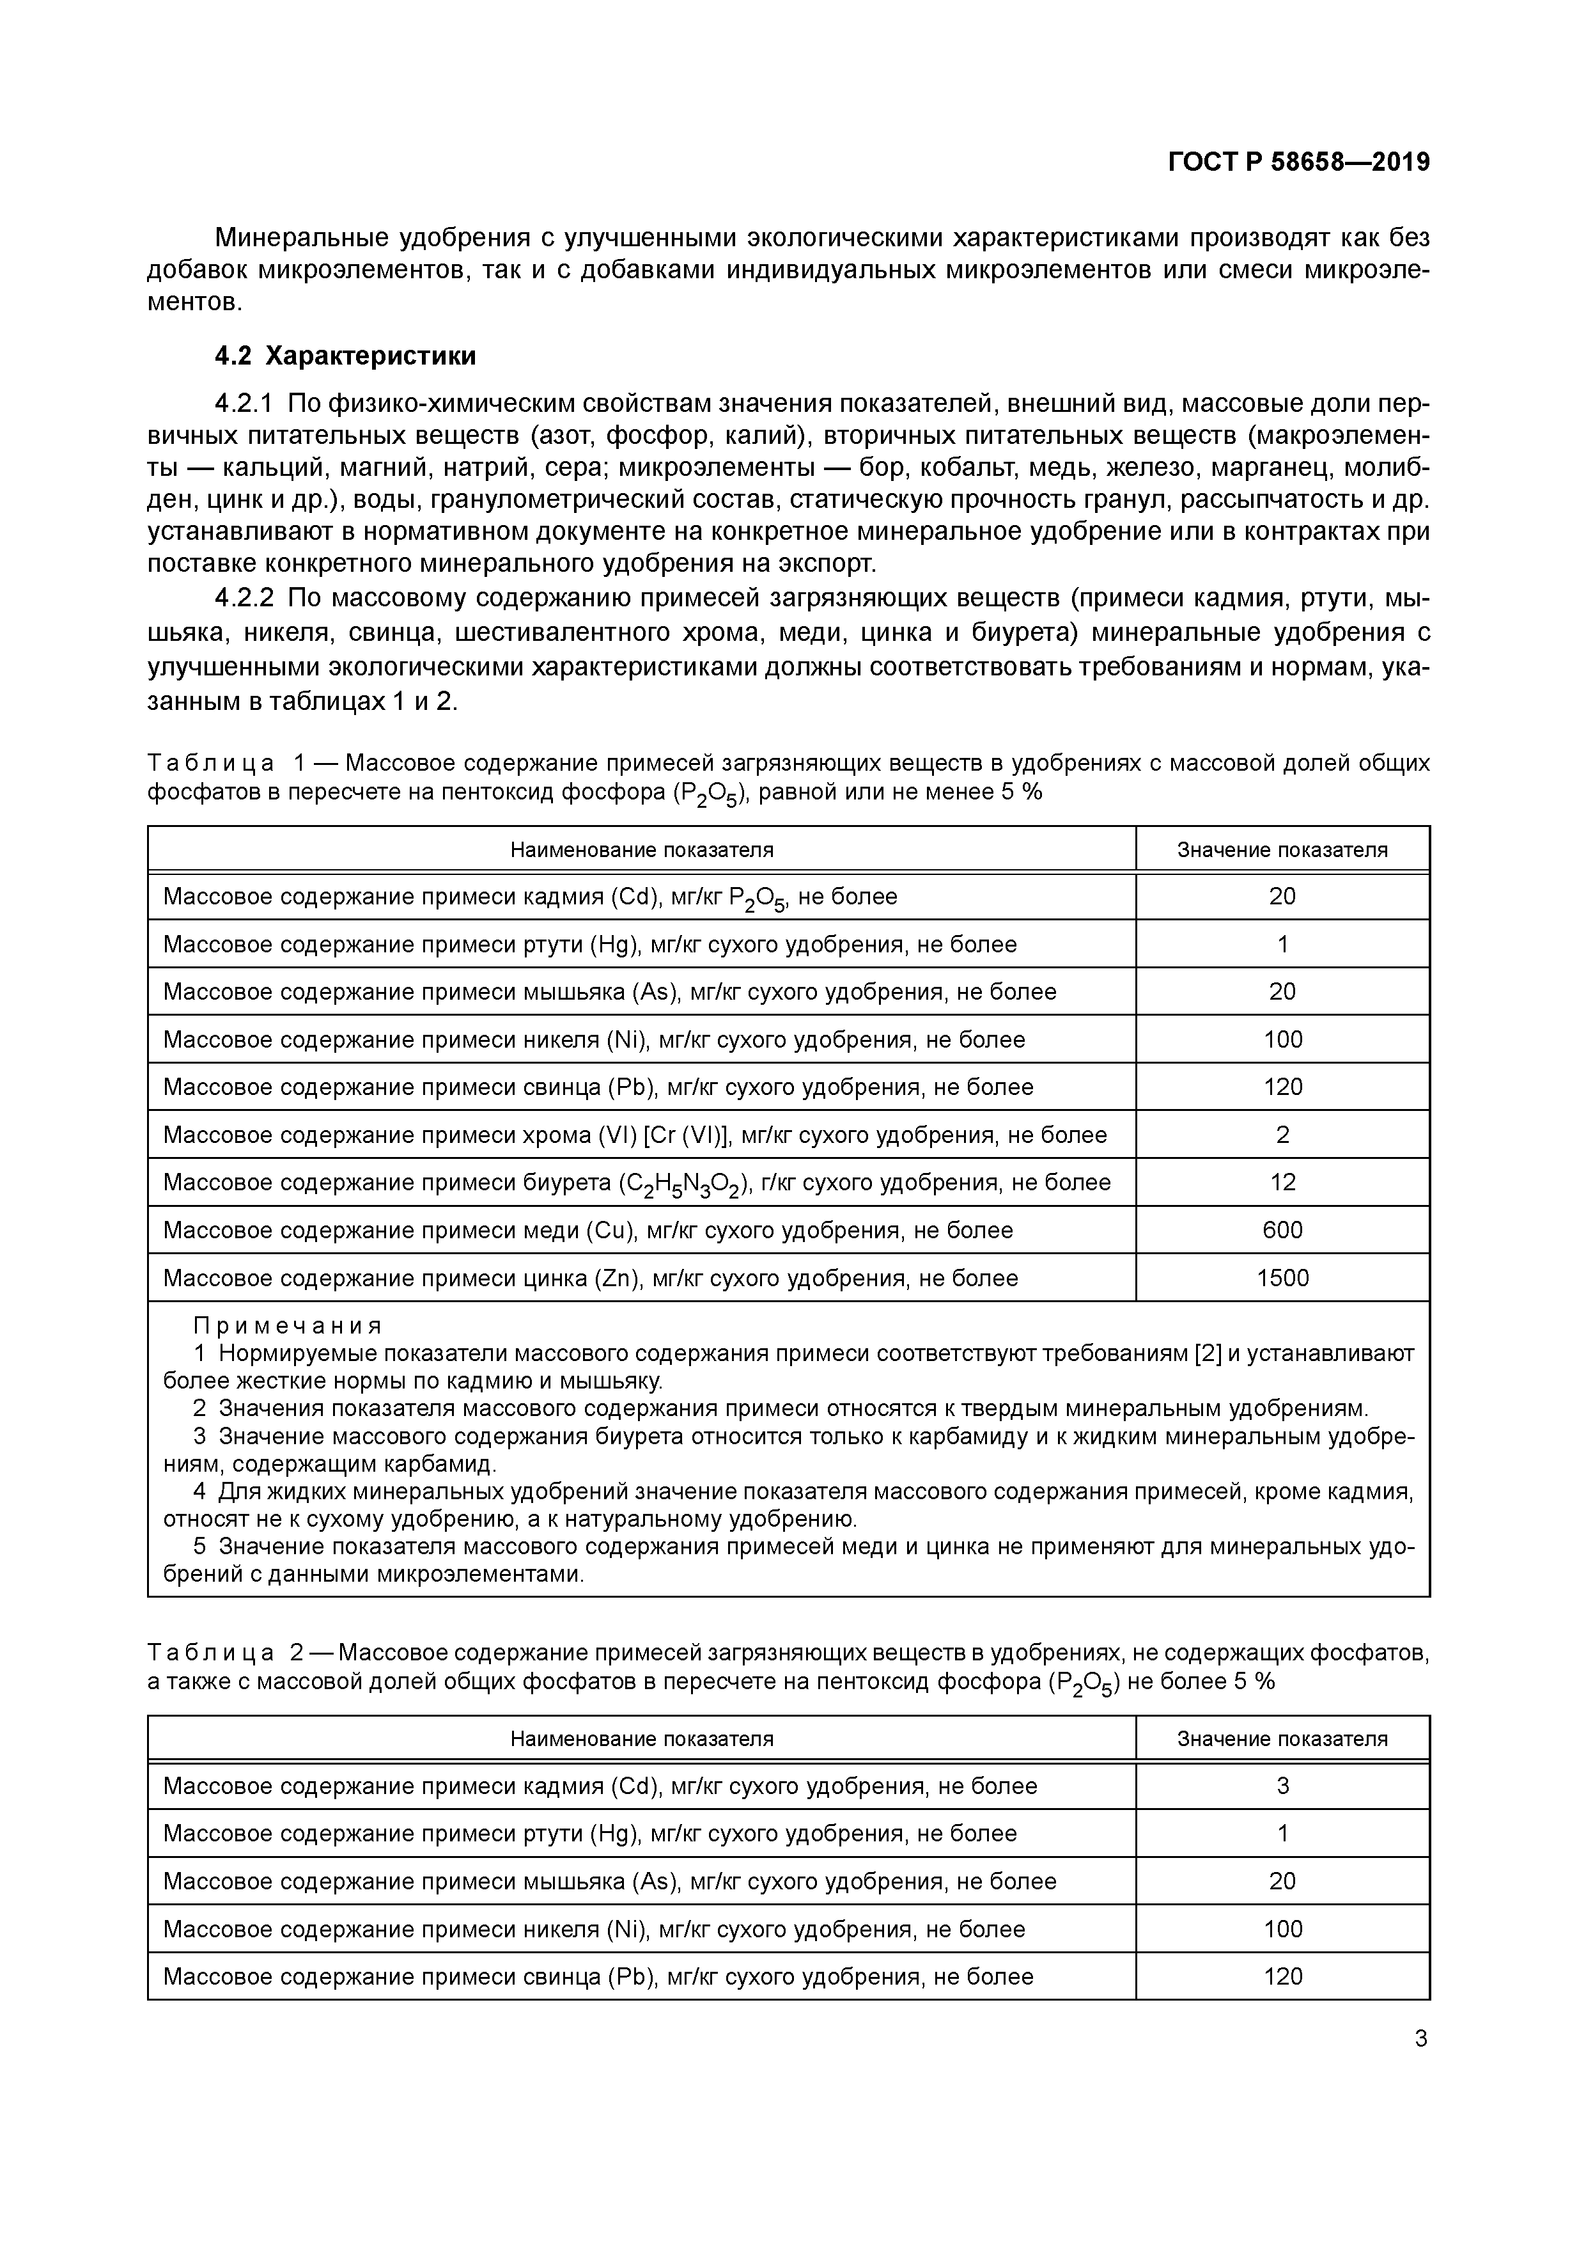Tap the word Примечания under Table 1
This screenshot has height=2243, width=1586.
[287, 1326]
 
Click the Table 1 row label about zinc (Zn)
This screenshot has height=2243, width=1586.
[590, 1278]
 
